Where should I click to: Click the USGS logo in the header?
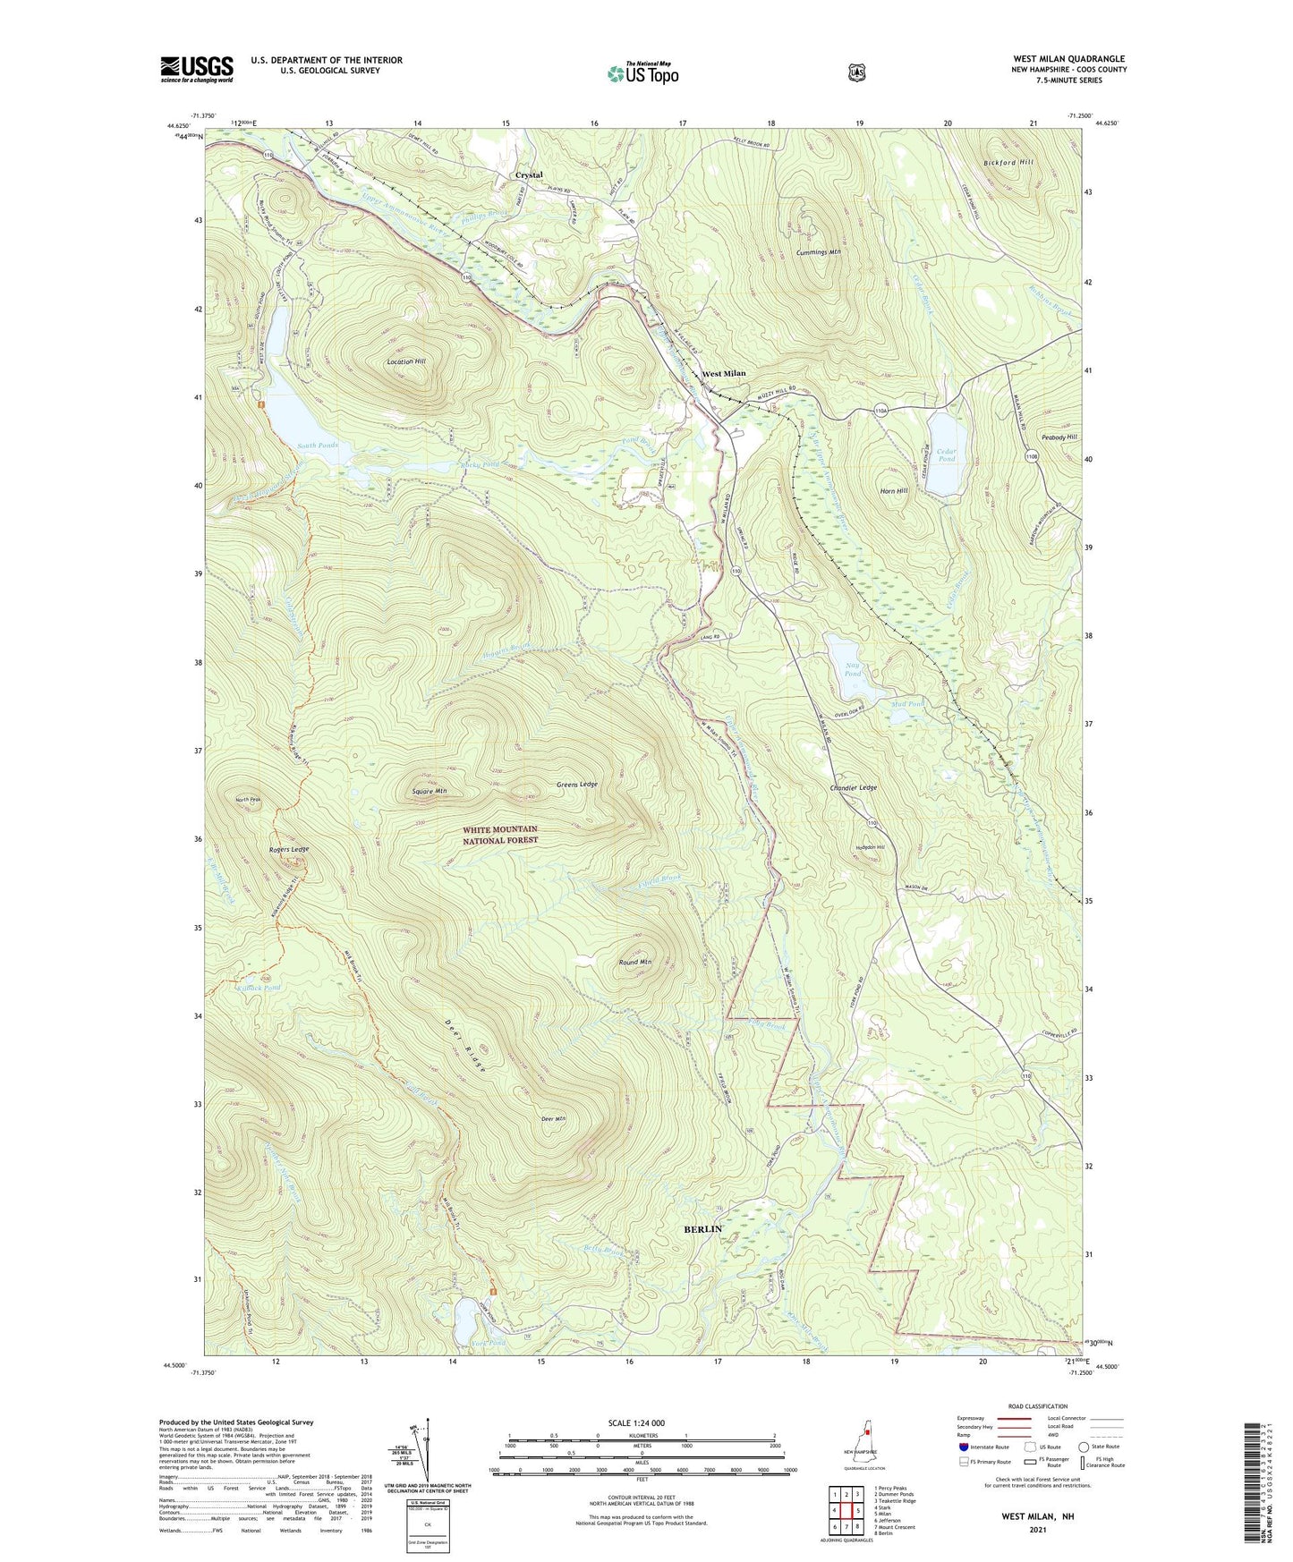tap(197, 69)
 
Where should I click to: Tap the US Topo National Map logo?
tap(642, 72)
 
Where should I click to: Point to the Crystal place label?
tap(529, 175)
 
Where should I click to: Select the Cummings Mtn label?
tap(818, 252)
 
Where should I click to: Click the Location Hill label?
tap(406, 361)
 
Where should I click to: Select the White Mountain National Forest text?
tap(500, 835)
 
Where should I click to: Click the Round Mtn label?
tap(635, 962)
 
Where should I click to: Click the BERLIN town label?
tap(702, 1229)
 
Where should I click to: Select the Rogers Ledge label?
tap(288, 849)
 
